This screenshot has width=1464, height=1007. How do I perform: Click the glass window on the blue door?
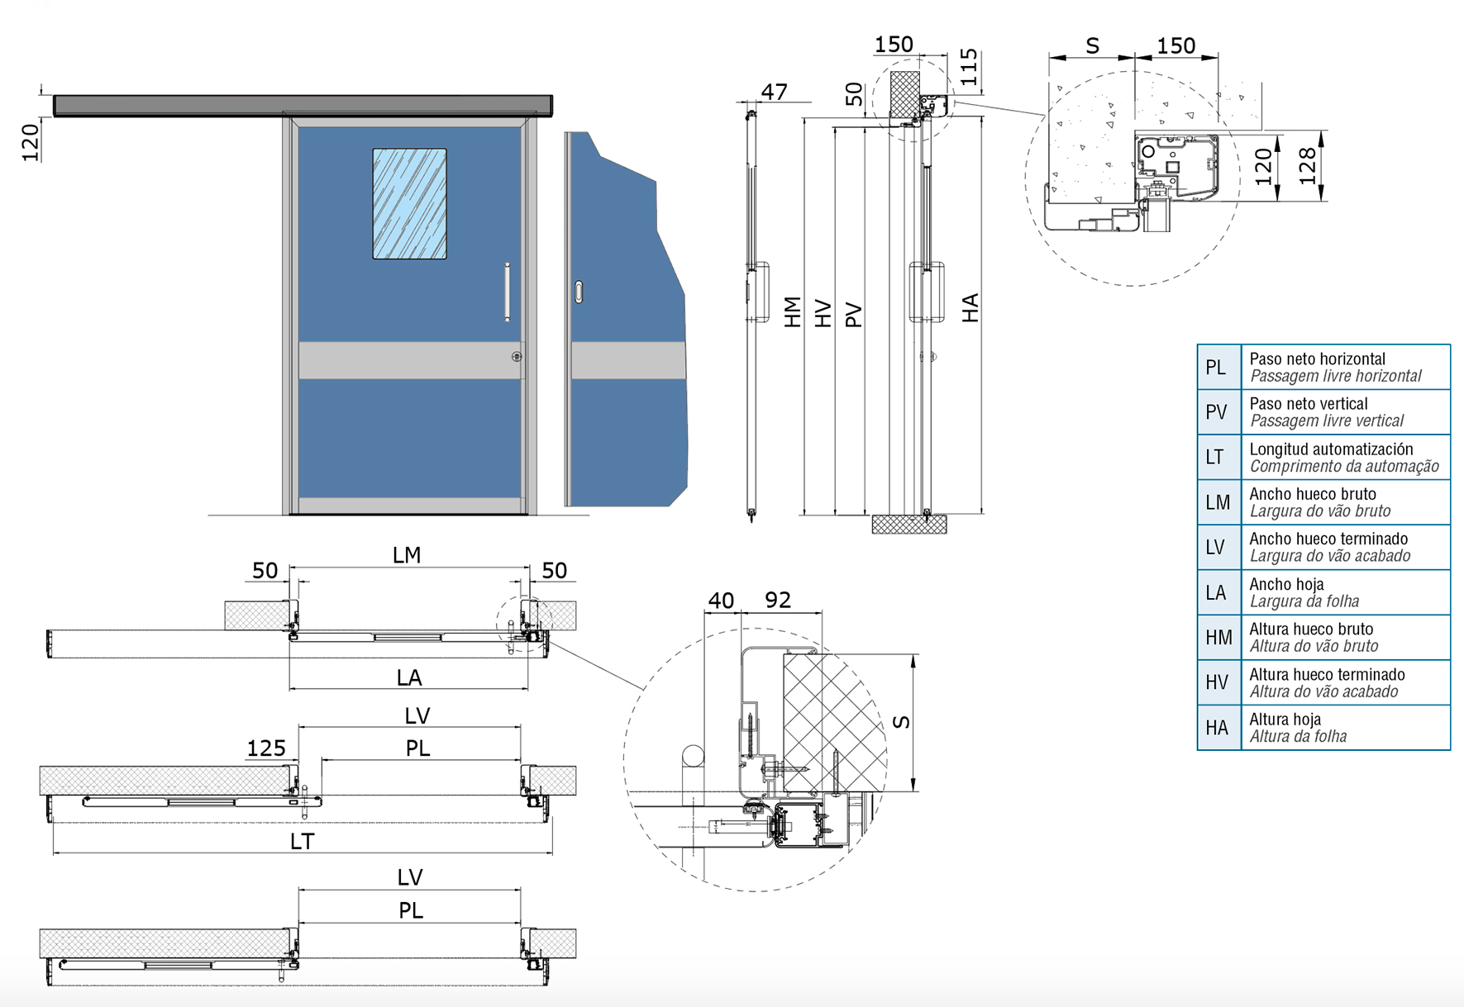coord(409,204)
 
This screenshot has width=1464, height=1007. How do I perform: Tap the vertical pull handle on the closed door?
coord(508,292)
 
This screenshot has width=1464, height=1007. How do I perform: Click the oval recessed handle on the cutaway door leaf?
coord(579,292)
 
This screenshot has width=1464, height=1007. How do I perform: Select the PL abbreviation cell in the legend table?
coord(1218,367)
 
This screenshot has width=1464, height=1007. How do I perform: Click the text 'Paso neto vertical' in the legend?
coord(1309,404)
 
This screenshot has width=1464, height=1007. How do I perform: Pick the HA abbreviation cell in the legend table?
coord(1218,728)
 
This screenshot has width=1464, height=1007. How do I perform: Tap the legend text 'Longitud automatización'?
coord(1331,449)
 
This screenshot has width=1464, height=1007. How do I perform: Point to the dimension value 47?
coord(774,92)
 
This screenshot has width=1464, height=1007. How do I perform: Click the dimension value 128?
coord(1307,166)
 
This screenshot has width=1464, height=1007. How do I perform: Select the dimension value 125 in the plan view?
coord(266,748)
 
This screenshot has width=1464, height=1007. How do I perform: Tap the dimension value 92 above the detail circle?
coord(778,600)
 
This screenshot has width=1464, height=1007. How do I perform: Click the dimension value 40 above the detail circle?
coord(721,600)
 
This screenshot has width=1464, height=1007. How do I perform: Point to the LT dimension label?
coord(302,842)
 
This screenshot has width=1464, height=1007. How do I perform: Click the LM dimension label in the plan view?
coord(407,555)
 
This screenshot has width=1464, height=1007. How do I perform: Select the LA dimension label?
coord(409,678)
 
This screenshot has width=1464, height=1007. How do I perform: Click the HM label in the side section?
coord(793,312)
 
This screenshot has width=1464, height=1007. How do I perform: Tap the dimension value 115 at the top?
coord(969,67)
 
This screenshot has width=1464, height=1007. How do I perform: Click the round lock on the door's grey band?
coord(517,357)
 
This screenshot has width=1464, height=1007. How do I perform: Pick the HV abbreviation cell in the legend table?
coord(1218,682)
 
